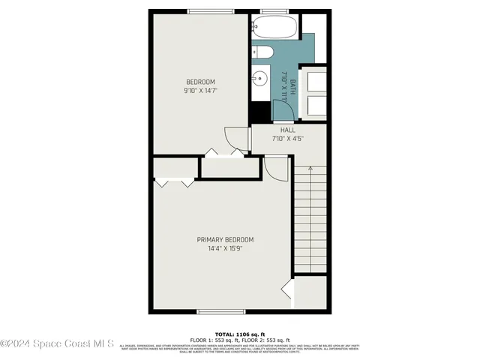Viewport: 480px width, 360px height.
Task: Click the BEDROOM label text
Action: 200,82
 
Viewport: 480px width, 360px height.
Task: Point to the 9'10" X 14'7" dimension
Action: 200,91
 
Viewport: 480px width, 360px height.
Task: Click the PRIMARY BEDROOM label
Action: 225,240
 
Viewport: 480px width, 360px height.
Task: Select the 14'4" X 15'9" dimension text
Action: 225,249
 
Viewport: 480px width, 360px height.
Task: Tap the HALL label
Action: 288,130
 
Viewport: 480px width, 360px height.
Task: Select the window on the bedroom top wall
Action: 208,10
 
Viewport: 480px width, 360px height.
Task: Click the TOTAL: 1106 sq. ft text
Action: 240,334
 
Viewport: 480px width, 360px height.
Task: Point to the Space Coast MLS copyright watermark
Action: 57,344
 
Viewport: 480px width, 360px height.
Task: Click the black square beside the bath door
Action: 259,111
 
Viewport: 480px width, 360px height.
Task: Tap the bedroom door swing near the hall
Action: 237,138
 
